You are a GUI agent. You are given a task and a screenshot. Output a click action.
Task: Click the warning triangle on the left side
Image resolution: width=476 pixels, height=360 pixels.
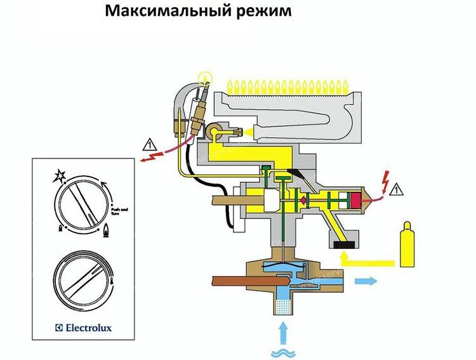click(x=149, y=143)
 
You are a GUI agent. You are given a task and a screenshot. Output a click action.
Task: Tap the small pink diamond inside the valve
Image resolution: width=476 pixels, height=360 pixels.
click(x=303, y=200)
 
